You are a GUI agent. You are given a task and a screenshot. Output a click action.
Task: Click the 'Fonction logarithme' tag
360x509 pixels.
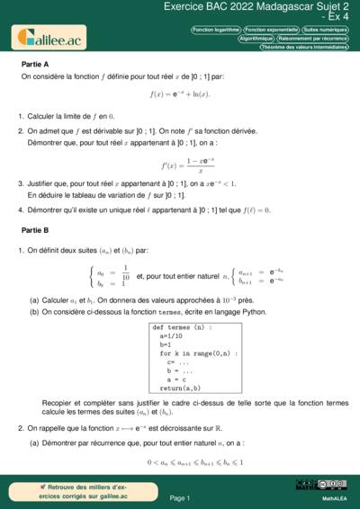coord(215,30)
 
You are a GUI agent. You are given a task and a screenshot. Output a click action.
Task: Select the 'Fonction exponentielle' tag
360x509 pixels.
coord(270,30)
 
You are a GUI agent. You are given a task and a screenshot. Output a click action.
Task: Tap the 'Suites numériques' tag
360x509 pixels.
coord(325,30)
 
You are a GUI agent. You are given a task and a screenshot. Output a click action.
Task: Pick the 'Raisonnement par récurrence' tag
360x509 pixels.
coord(312,40)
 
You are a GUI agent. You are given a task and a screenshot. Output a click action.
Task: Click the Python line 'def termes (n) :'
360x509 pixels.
coord(183,327)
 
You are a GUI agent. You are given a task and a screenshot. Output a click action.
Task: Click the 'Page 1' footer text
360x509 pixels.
coord(180,497)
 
